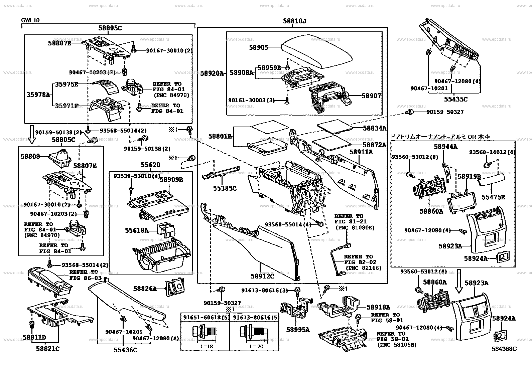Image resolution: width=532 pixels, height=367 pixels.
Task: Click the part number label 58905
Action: tap(259, 47)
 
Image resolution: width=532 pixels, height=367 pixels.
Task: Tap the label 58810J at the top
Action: tap(294, 21)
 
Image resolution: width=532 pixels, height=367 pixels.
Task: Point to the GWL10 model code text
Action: tap(30, 20)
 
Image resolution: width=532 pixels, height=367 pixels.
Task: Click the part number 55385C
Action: tap(225, 188)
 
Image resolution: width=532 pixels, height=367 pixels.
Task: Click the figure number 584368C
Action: tap(504, 349)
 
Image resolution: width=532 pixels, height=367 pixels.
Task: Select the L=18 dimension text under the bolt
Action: tap(207, 346)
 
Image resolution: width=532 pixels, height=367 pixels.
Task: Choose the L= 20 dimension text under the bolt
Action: tap(256, 346)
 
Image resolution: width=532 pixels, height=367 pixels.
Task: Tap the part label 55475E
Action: tap(493, 197)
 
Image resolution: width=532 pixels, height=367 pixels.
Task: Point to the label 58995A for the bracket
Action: tap(298, 330)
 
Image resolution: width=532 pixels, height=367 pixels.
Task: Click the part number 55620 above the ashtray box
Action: tap(150, 165)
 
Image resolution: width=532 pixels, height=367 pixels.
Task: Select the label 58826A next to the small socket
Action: tap(145, 288)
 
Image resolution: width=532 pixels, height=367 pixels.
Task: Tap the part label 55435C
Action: tap(456, 99)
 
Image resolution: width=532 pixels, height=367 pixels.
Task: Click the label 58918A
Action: tap(378, 307)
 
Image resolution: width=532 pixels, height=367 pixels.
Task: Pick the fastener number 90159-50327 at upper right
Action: tap(445, 112)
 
